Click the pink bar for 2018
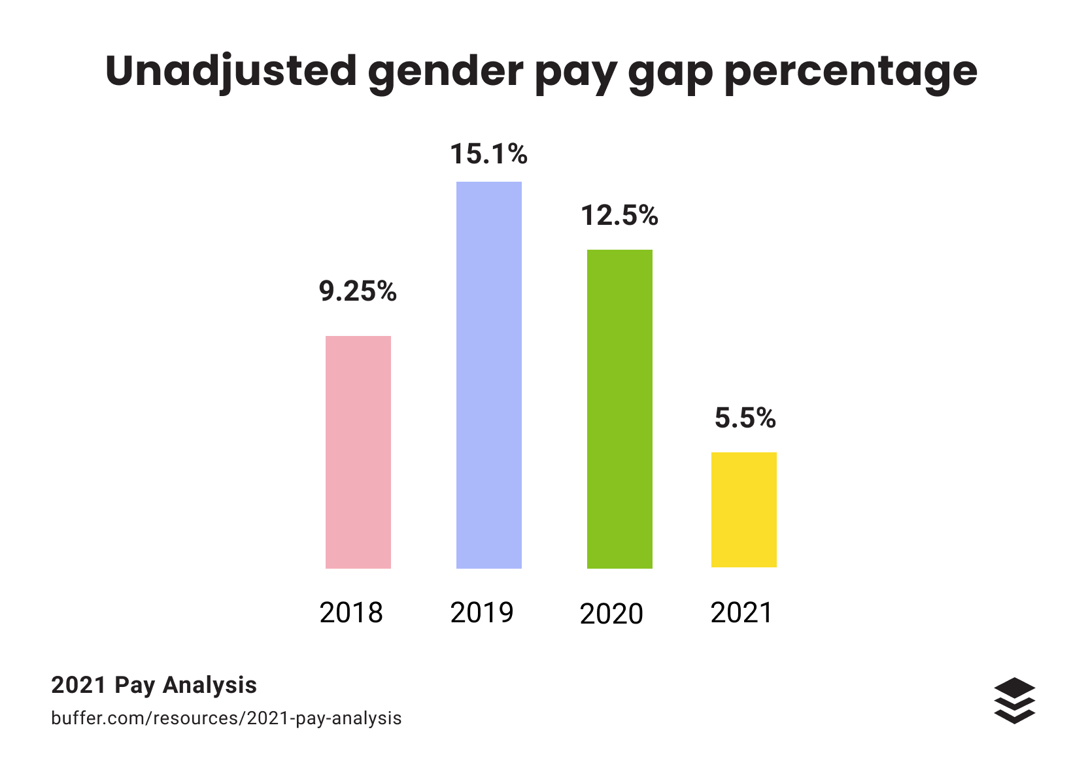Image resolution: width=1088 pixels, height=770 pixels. [x=358, y=452]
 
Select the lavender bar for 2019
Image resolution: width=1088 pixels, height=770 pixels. [x=488, y=375]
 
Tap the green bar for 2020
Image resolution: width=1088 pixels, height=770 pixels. [x=619, y=409]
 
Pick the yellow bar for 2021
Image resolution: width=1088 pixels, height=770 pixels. [x=743, y=509]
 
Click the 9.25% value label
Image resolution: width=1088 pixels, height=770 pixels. [x=358, y=292]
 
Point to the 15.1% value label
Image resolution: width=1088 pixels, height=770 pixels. [x=488, y=154]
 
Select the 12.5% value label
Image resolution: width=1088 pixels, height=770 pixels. [x=619, y=215]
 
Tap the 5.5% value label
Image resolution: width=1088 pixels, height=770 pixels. [x=745, y=418]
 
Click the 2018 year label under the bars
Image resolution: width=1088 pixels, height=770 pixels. [x=351, y=612]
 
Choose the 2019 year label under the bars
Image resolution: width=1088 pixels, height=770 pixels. [x=482, y=612]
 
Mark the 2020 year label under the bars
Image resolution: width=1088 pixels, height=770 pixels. [x=611, y=614]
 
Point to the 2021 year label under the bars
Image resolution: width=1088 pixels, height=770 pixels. [x=741, y=612]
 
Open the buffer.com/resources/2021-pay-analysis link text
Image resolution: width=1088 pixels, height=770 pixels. [x=226, y=718]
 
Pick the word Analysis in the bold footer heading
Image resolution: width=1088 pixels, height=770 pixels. [x=209, y=685]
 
